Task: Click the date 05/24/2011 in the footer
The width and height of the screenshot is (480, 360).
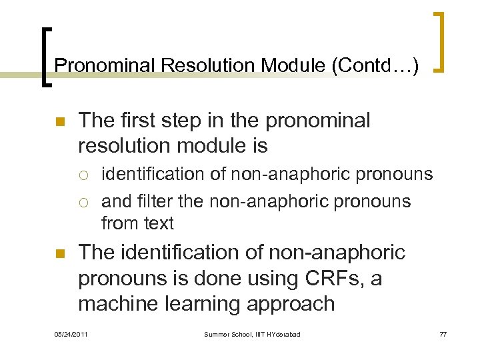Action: pyautogui.click(x=72, y=334)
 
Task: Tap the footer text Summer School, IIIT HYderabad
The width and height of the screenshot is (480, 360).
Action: pyautogui.click(x=252, y=334)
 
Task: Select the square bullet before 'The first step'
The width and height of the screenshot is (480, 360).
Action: pyautogui.click(x=59, y=123)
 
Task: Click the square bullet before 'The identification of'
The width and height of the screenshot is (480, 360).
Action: pyautogui.click(x=59, y=254)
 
